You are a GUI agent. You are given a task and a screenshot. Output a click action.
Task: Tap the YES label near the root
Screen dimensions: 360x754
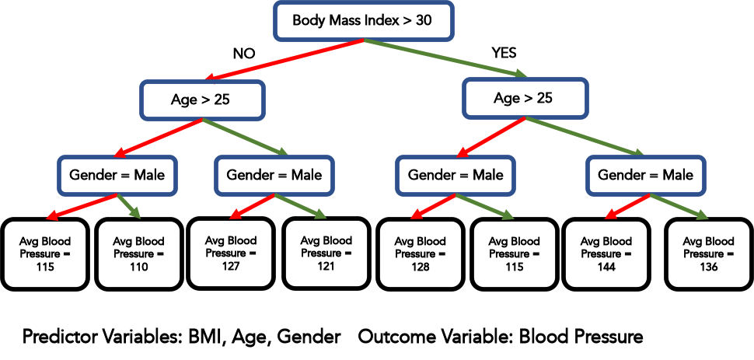[504, 54]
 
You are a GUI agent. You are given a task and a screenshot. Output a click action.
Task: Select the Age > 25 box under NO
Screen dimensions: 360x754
[201, 99]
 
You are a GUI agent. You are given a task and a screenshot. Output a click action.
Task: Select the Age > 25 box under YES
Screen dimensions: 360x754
[524, 99]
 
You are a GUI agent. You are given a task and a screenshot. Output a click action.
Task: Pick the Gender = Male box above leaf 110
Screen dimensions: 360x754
[117, 175]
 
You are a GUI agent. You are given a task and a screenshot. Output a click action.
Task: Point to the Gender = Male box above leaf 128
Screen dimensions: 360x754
[456, 175]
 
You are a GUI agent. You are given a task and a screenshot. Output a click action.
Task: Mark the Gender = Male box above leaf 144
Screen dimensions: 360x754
[645, 175]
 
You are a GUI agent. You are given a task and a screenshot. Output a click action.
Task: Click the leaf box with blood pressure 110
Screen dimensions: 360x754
[138, 254]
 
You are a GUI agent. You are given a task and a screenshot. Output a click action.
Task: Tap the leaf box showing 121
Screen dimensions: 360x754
[326, 253]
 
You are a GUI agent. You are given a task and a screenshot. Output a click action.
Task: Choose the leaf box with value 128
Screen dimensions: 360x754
[420, 254]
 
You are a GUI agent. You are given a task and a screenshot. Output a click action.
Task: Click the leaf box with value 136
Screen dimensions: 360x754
[707, 254]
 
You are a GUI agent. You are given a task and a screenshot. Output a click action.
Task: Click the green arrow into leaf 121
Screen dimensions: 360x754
[304, 208]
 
